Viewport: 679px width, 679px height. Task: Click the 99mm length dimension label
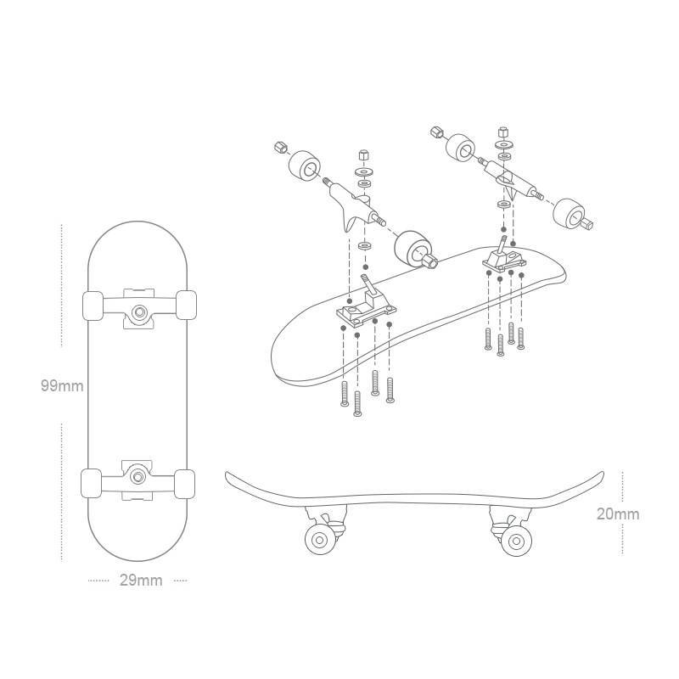click(62, 385)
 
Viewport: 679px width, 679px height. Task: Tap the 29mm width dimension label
click(141, 581)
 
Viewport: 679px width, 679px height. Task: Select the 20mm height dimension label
click(618, 514)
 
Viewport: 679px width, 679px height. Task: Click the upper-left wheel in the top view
click(93, 306)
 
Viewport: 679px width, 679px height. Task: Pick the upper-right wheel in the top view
click(186, 305)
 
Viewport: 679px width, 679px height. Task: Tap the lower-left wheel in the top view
click(92, 483)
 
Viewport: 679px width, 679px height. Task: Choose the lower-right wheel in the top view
click(184, 484)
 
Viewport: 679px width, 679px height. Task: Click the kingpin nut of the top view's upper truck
click(139, 311)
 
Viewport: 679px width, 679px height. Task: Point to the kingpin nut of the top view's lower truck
click(138, 476)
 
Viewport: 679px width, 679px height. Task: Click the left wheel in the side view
click(321, 540)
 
